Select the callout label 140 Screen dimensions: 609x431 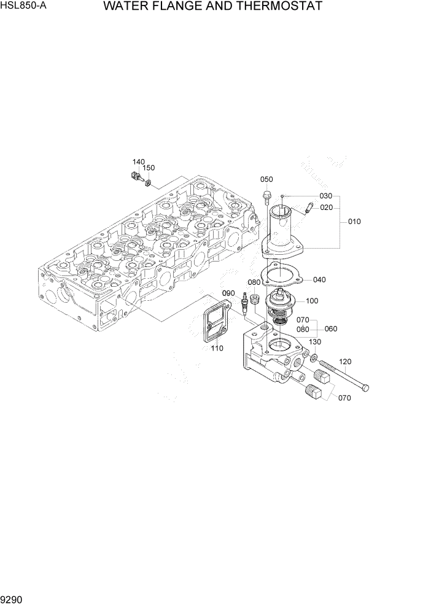coord(139,161)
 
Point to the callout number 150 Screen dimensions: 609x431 coord(149,168)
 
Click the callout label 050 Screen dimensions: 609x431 coord(266,179)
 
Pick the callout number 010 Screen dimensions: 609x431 coord(354,221)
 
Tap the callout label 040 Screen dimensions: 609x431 coord(319,279)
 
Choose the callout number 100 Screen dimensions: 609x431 coord(311,301)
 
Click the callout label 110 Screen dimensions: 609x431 coord(216,348)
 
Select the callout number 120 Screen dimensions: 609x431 coord(345,362)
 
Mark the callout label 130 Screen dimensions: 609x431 coord(315,342)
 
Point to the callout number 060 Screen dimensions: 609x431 coord(331,328)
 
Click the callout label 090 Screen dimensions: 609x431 coord(228,293)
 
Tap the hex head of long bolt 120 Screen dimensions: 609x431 coord(367,387)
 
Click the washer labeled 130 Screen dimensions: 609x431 coord(313,357)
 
